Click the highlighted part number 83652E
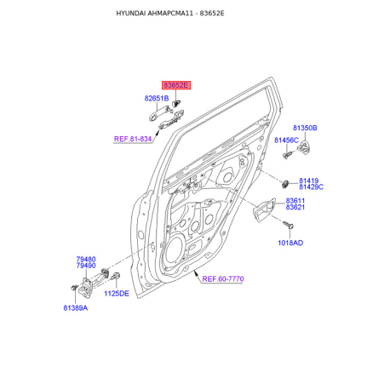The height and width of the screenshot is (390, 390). (x=176, y=85)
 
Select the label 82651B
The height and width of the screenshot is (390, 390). (x=157, y=98)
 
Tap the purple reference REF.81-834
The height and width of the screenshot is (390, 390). (x=133, y=139)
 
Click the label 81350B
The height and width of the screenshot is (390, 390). (x=305, y=128)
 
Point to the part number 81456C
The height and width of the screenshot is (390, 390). (x=286, y=140)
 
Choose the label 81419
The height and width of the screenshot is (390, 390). (x=309, y=181)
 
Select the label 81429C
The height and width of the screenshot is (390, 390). (x=311, y=187)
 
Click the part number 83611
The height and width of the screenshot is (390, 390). (x=295, y=201)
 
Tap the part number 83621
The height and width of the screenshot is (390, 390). (x=295, y=207)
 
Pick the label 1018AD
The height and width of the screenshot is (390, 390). (x=290, y=243)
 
